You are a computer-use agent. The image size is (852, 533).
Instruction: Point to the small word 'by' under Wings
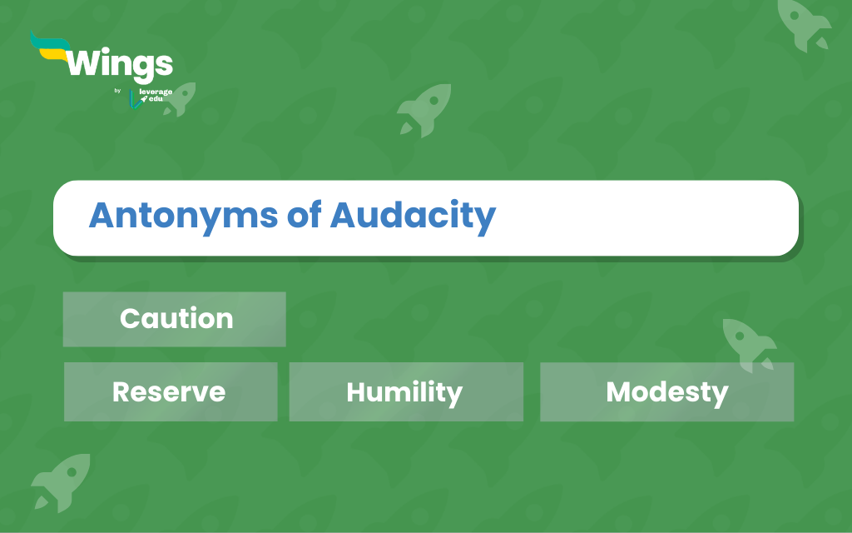[117, 90]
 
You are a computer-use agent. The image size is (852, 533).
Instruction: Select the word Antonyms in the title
[184, 217]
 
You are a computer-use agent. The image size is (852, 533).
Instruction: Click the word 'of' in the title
[304, 214]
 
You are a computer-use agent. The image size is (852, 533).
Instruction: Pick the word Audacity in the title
[413, 217]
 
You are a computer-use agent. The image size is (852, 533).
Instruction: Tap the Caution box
[175, 319]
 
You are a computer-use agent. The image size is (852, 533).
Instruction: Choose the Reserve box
[171, 391]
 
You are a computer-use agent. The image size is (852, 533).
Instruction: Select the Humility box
[406, 391]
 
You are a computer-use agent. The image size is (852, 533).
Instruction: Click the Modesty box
[666, 391]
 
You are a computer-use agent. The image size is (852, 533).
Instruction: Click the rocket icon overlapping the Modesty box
[749, 345]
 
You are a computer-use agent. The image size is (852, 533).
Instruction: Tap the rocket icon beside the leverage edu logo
[180, 99]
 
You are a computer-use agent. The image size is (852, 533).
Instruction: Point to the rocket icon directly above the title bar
[424, 110]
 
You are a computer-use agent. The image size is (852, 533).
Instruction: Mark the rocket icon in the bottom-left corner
[61, 482]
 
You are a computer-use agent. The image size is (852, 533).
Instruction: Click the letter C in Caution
[130, 319]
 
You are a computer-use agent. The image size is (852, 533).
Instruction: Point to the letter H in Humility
[356, 391]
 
